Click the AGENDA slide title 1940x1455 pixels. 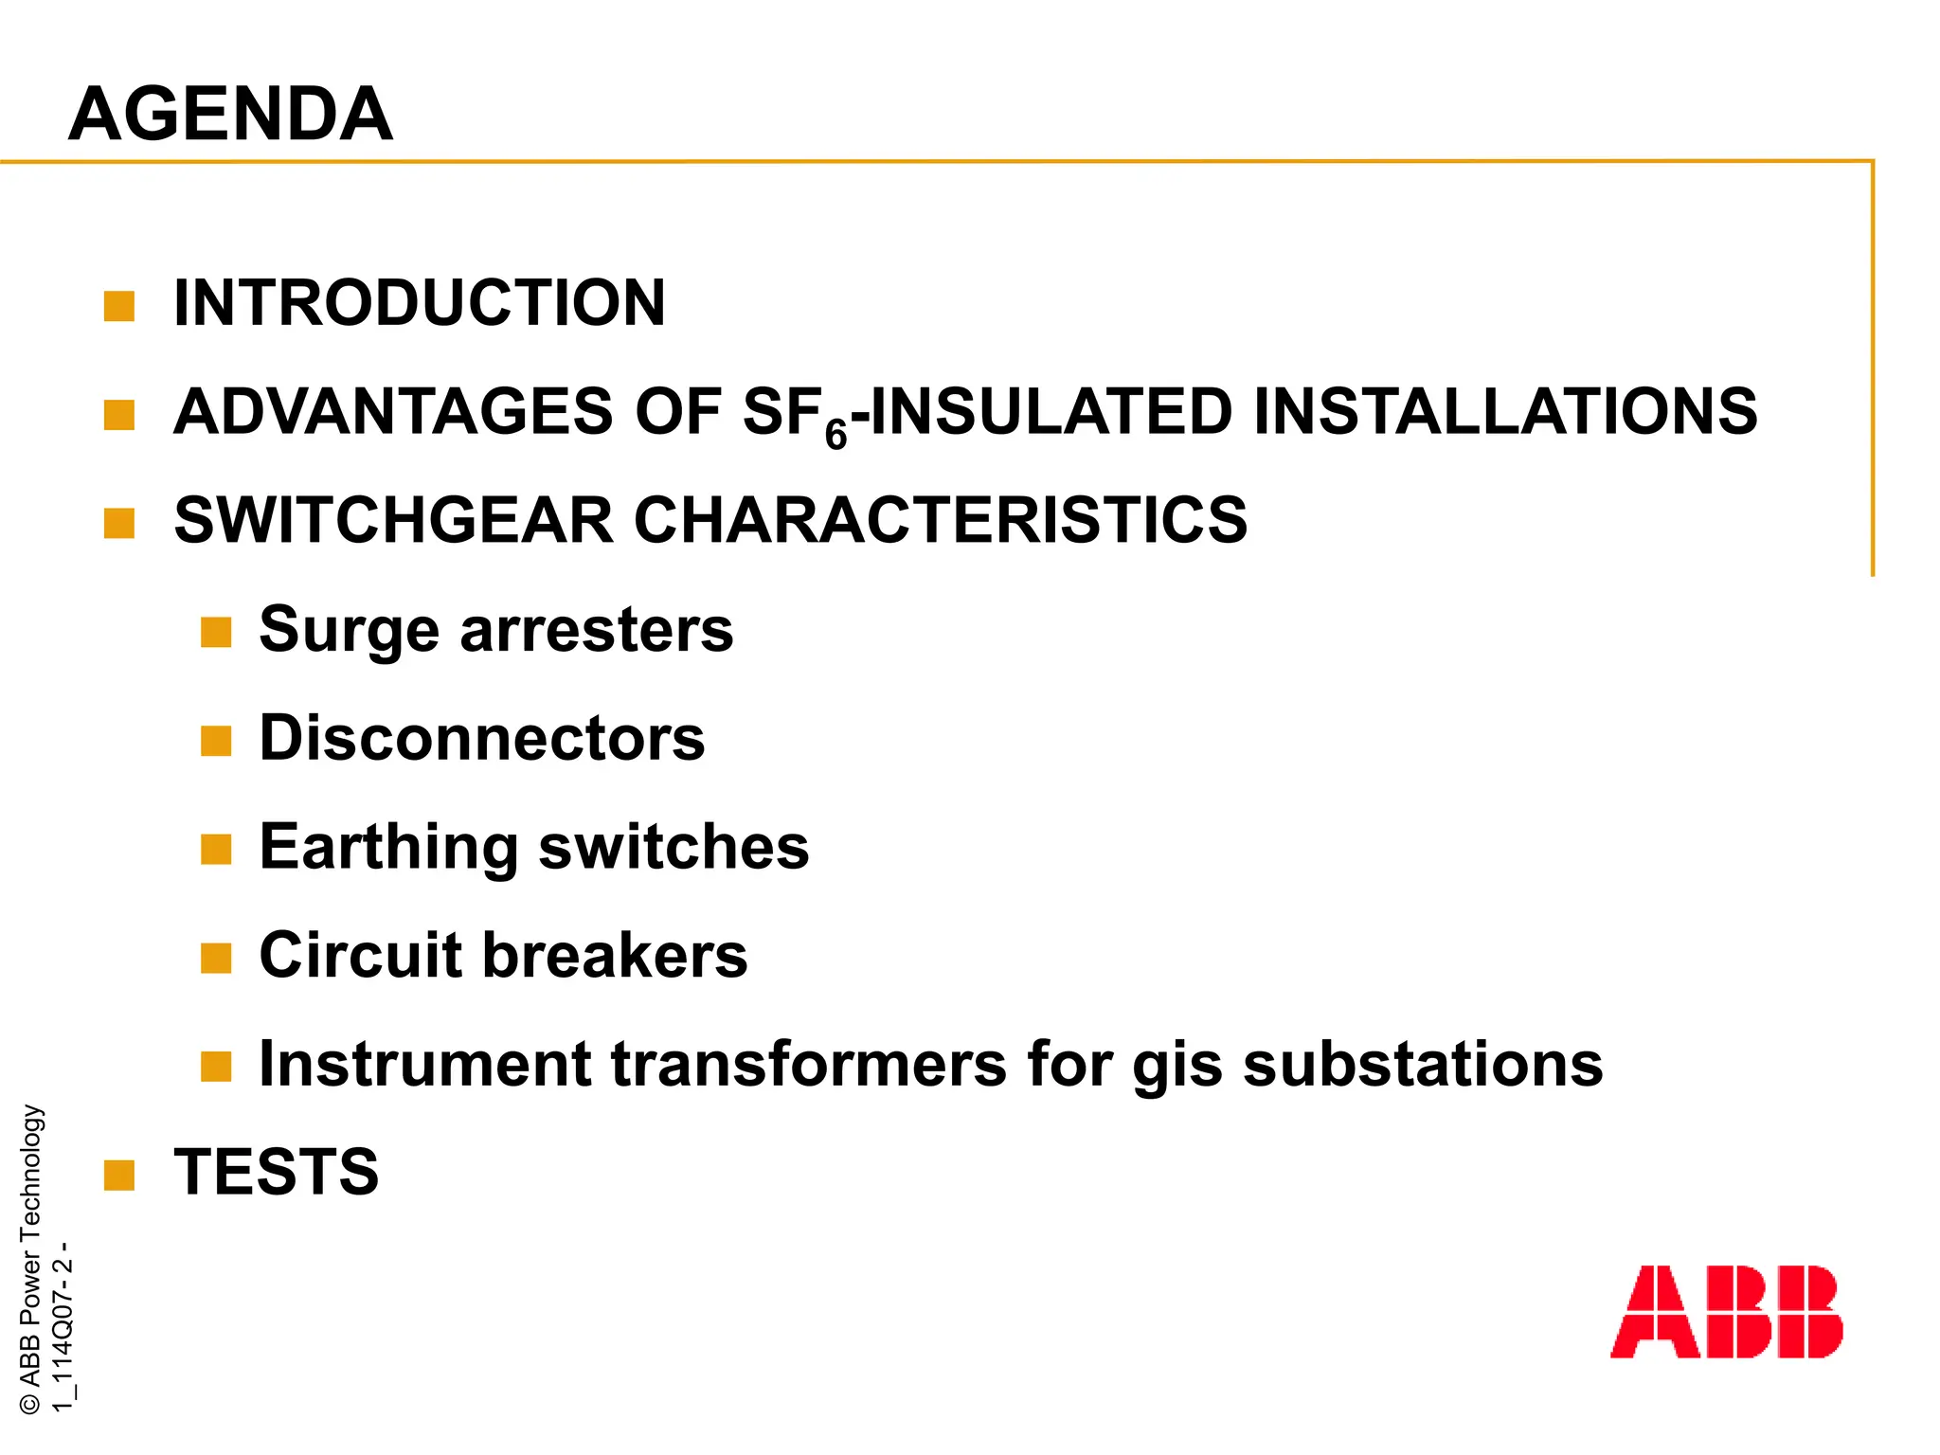pos(230,114)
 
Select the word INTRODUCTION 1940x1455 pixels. pos(420,303)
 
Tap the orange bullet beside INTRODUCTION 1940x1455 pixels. pos(119,306)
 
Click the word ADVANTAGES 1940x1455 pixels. pos(394,412)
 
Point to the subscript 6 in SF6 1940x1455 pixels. pos(835,435)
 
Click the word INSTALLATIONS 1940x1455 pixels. pos(1505,412)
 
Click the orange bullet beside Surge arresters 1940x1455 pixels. pos(216,632)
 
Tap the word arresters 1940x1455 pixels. pos(596,630)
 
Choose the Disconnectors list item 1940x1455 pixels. pos(482,738)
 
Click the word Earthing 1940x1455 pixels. pos(388,847)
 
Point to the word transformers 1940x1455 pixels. pos(808,1064)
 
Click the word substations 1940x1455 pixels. pos(1423,1064)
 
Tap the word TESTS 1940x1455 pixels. pos(277,1172)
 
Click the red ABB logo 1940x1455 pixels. pos(1726,1311)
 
